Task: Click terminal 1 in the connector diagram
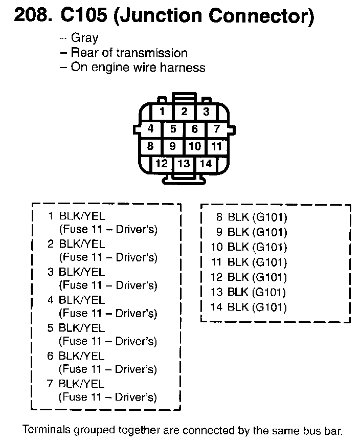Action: click(162, 112)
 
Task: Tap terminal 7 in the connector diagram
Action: click(217, 129)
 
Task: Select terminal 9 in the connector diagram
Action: click(173, 146)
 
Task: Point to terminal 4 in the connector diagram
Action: click(150, 129)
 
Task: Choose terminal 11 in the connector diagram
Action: click(217, 146)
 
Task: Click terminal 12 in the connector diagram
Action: click(162, 164)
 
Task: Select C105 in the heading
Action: click(83, 16)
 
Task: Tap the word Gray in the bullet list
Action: click(84, 38)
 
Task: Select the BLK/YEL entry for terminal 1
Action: click(82, 216)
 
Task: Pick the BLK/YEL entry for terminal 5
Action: click(82, 328)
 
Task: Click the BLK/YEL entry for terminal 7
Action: click(82, 384)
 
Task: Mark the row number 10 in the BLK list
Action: click(217, 247)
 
